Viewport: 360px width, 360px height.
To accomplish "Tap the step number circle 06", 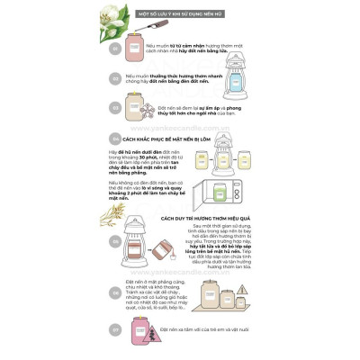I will [114, 292].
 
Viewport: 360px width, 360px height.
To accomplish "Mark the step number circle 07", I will [114, 329].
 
